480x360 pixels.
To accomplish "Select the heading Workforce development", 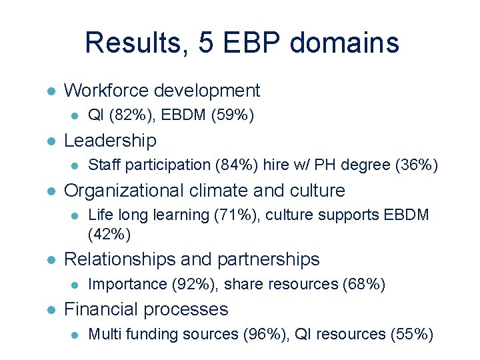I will pos(161,91).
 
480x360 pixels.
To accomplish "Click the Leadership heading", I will pos(110,141).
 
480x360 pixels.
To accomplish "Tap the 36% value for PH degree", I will pos(416,165).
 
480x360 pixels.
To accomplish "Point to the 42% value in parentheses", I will pos(109,234).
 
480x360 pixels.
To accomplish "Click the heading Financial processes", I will pos(145,309).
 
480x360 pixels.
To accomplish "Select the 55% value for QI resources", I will pos(411,334).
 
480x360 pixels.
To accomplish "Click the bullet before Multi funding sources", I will pos(75,335).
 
